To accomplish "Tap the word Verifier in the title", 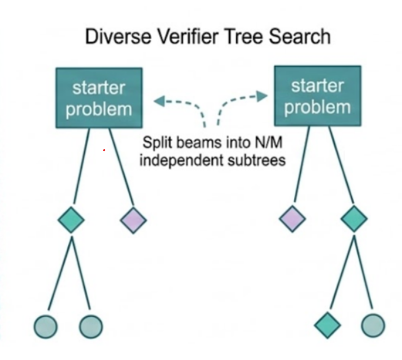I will coord(186,36).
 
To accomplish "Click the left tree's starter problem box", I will coord(99,98).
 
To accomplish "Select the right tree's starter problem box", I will coord(317,96).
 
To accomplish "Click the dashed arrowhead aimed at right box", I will coord(262,96).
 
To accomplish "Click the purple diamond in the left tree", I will coord(134,221).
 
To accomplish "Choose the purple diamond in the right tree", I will coord(292,219).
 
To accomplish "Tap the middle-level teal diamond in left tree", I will coord(71,220).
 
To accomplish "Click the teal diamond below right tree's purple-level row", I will coord(327,325).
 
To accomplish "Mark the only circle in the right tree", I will coord(373,325).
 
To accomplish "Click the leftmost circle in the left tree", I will coord(46,327).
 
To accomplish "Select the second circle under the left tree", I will coord(91,327).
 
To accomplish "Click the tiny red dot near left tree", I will coord(104,150).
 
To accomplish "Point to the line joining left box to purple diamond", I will coord(122,166).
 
